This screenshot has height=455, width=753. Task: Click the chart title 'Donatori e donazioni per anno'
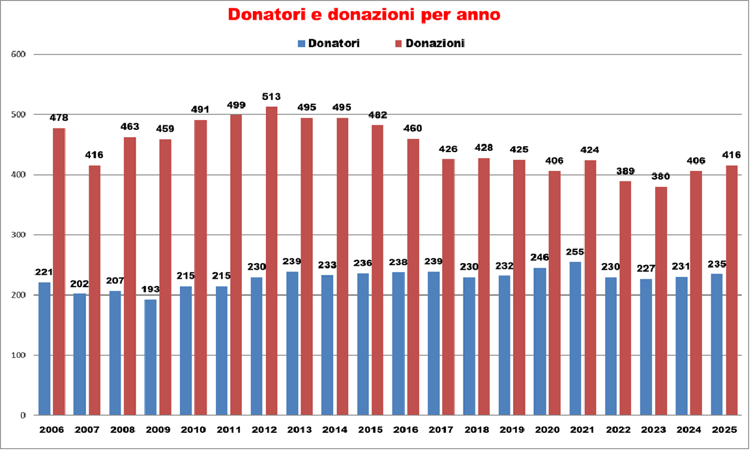click(364, 15)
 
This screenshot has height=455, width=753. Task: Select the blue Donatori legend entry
click(329, 44)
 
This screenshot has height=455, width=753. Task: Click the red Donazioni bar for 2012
click(271, 260)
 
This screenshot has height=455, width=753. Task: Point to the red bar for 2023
click(661, 300)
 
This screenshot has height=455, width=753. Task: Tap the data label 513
click(271, 97)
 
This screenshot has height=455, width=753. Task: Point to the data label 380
click(661, 177)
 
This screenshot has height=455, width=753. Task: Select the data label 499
click(236, 105)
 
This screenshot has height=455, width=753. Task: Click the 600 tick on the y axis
click(19, 55)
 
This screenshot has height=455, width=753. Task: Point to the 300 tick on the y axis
click(19, 235)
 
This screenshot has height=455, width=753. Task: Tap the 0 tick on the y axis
click(23, 415)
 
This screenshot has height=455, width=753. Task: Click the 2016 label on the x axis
click(405, 431)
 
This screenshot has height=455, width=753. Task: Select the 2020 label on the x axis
click(546, 431)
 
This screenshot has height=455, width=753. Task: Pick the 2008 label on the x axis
click(122, 431)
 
